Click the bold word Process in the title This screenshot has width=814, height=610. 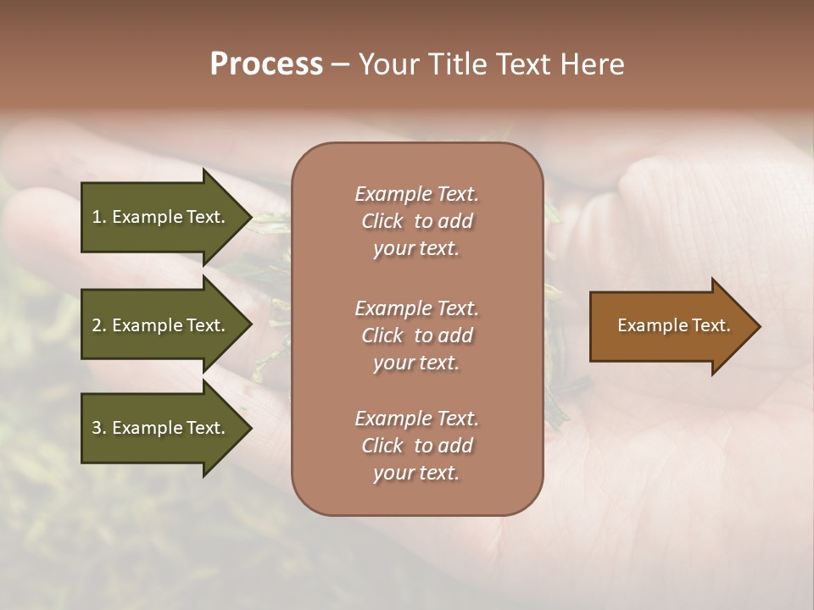pyautogui.click(x=266, y=64)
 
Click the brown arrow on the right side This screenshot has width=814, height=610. pyautogui.click(x=670, y=326)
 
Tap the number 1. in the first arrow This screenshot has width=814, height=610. pyautogui.click(x=99, y=217)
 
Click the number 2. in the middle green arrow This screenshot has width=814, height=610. pyautogui.click(x=99, y=325)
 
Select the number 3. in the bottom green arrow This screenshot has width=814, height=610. pyautogui.click(x=99, y=428)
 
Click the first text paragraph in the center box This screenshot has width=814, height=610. pyautogui.click(x=416, y=221)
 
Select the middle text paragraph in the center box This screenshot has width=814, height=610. pyautogui.click(x=416, y=335)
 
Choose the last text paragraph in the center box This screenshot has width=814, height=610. pyautogui.click(x=416, y=446)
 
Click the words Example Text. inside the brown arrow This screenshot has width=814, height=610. pyautogui.click(x=673, y=325)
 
